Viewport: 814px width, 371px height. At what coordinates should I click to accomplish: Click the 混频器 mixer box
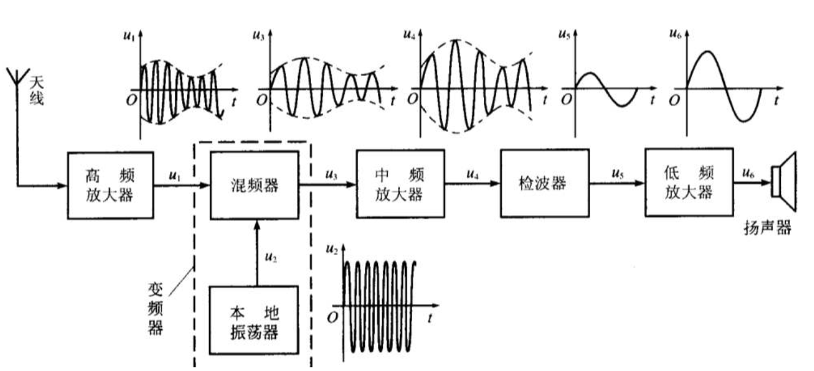coord(254,185)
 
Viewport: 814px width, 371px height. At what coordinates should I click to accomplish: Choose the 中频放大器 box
coord(400,184)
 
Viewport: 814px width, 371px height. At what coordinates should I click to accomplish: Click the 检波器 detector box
coord(544,183)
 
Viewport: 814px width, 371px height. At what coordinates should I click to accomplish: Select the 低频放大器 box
coord(688,183)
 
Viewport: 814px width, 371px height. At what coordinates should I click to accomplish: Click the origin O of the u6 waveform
coord(676,100)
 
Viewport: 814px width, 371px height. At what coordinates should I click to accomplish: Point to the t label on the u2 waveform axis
coord(431,318)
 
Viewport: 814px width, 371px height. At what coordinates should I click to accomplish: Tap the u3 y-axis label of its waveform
coord(259,33)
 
